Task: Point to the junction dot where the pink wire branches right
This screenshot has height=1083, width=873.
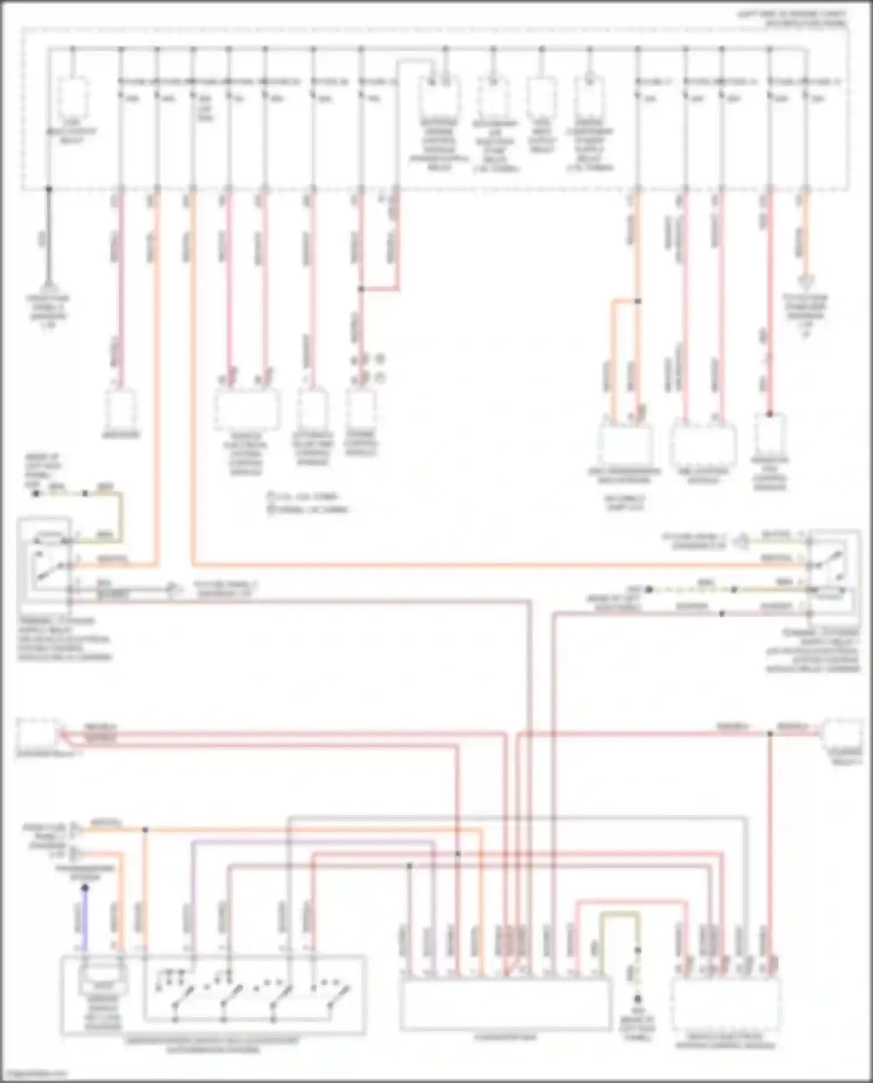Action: coord(361,289)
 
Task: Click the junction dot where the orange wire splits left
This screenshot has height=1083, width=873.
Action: coord(637,301)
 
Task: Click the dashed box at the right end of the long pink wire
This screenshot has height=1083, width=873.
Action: coord(842,736)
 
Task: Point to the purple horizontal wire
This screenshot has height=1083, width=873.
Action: coord(314,841)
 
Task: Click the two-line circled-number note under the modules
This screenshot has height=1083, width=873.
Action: coord(308,503)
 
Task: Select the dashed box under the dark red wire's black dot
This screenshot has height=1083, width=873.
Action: coord(769,434)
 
